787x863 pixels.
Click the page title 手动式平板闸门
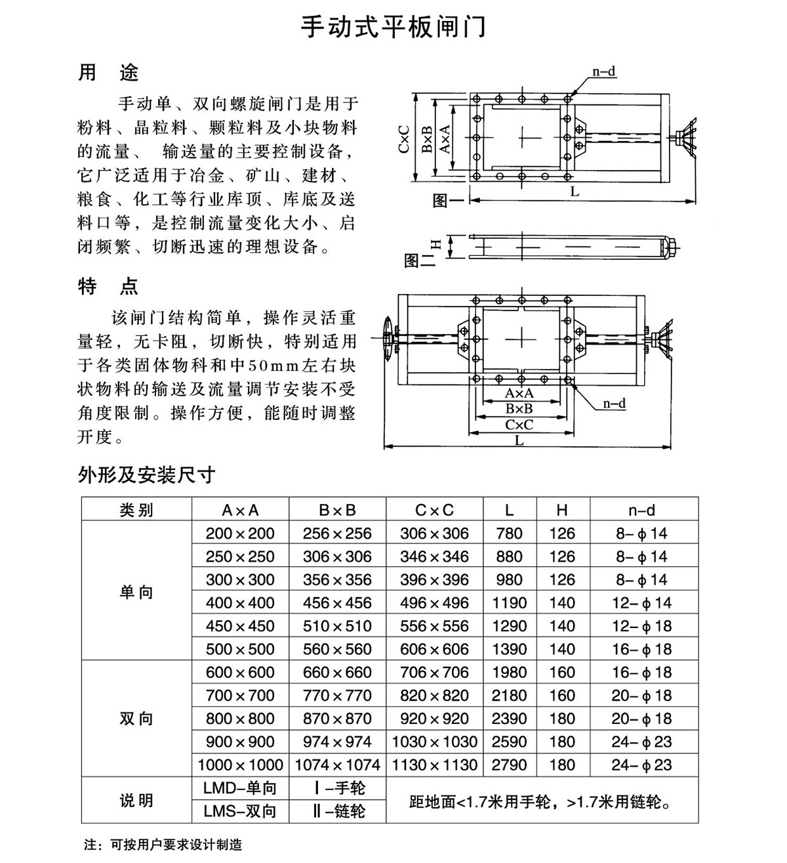pos(393,28)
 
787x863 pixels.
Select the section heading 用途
pos(108,72)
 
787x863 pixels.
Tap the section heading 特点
pos(108,286)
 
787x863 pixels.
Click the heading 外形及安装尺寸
pos(146,474)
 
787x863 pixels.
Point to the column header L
pos(510,510)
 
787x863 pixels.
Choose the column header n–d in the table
pos(641,510)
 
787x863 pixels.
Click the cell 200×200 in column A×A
pos(240,534)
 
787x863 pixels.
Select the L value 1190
pos(510,603)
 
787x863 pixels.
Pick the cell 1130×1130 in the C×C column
pos(435,765)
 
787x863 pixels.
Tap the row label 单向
pos(136,592)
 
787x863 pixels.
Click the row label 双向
pos(136,719)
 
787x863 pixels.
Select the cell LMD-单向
pos(240,788)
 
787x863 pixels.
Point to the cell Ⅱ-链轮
pos(338,812)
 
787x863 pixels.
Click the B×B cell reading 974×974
pos(337,742)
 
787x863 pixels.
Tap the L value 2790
pos(510,765)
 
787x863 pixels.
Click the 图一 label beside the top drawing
pos(447,200)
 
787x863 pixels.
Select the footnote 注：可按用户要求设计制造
pos(163,845)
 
